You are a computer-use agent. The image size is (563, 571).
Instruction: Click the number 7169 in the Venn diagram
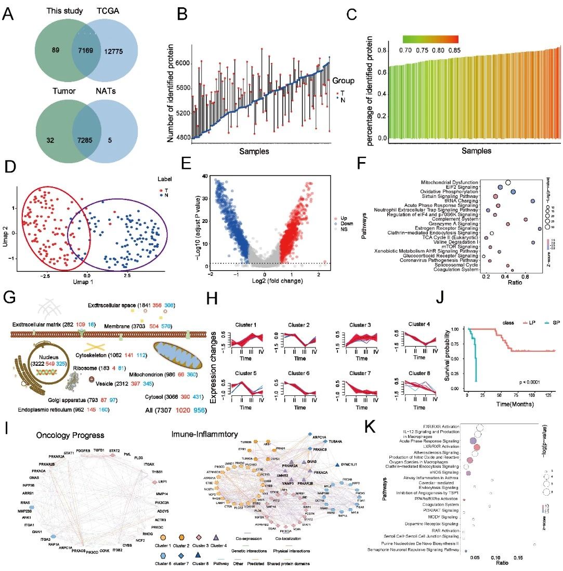pos(86,50)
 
